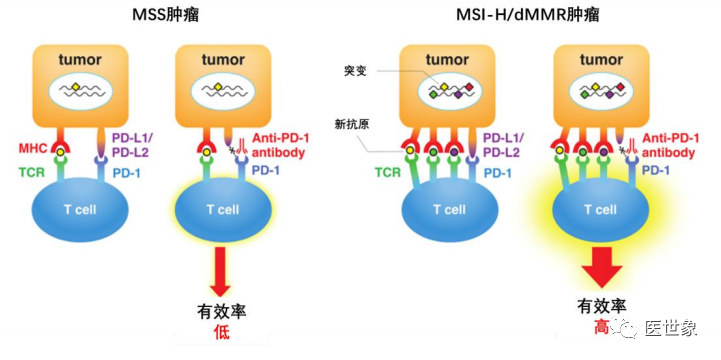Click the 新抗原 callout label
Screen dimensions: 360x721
pyautogui.click(x=351, y=124)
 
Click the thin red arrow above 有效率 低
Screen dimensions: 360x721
pyautogui.click(x=222, y=270)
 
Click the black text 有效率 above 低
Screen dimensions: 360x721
pyautogui.click(x=222, y=311)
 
